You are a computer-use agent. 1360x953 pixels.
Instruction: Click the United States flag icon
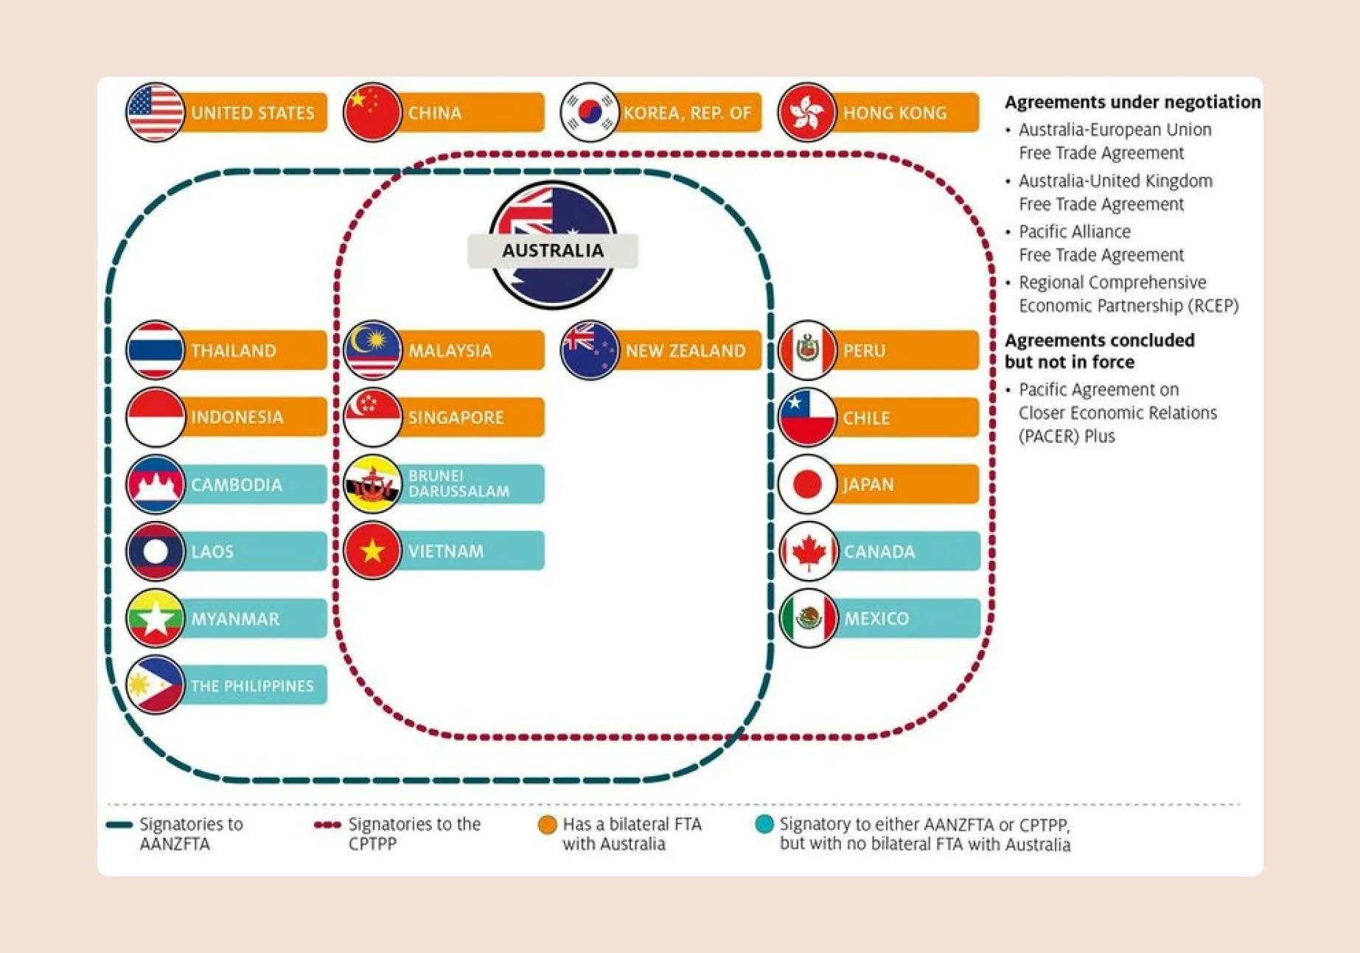[x=155, y=112]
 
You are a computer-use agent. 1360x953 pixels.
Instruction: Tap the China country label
[x=435, y=113]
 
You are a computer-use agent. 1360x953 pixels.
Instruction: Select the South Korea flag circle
[x=589, y=112]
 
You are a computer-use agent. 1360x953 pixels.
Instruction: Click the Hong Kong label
[x=895, y=113]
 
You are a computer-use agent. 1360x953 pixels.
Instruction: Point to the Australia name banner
[x=553, y=251]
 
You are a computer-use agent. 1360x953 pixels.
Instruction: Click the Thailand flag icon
[x=155, y=350]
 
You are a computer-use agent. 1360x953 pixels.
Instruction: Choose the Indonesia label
[x=237, y=417]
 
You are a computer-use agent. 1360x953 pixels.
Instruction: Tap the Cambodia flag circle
[x=155, y=484]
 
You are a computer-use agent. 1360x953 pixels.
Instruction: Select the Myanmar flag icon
[x=155, y=618]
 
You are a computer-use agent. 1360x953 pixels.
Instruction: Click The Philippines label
[x=252, y=685]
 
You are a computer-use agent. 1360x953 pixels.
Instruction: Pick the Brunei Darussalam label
[x=458, y=484]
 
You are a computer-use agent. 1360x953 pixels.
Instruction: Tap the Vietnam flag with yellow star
[x=372, y=551]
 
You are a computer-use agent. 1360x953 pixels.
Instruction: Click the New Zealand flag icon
[x=589, y=350]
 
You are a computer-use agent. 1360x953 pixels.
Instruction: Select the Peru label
[x=865, y=350]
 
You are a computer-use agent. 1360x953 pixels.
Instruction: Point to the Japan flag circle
[x=807, y=484]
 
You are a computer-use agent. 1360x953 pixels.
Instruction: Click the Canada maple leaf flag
[x=809, y=551]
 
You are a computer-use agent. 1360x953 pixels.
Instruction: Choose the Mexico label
[x=876, y=618]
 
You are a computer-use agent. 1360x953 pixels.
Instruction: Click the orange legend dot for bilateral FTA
[x=547, y=825]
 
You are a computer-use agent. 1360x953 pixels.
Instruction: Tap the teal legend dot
[x=764, y=825]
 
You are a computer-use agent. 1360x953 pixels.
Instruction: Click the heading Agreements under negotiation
[x=1132, y=102]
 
